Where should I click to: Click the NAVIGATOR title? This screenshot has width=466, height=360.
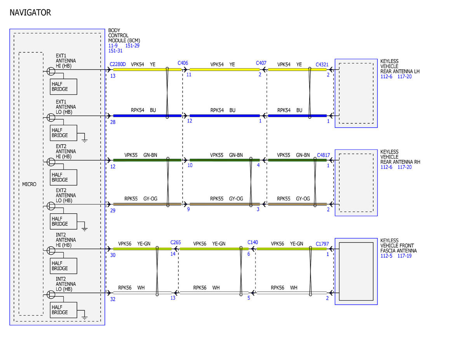(x=30, y=12)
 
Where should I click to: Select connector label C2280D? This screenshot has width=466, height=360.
(x=118, y=64)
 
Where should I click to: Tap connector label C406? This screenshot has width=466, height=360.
(x=183, y=63)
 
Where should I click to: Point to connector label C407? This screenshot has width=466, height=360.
(x=261, y=63)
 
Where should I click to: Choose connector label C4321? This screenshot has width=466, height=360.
(x=322, y=64)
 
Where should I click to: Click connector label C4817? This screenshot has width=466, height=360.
(x=323, y=155)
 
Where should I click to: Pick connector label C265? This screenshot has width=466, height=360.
(x=176, y=242)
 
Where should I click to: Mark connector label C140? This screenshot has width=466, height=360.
(x=253, y=242)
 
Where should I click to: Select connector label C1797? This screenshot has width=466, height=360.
(x=322, y=244)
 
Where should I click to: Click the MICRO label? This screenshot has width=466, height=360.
(x=29, y=184)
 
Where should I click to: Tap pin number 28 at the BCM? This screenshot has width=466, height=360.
(x=113, y=122)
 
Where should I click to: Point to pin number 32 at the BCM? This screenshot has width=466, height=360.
(x=113, y=299)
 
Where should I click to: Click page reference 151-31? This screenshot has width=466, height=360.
(x=115, y=50)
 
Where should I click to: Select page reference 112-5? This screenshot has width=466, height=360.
(x=386, y=256)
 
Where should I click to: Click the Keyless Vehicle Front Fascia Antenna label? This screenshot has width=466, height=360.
(x=398, y=245)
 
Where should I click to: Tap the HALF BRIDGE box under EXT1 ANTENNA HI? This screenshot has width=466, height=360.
(x=63, y=87)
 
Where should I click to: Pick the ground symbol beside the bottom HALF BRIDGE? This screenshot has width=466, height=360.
(x=85, y=318)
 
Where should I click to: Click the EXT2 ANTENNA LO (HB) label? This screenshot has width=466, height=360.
(x=66, y=195)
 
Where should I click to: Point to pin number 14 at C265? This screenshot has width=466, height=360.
(x=173, y=254)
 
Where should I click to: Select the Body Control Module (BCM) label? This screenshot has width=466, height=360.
(x=124, y=35)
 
